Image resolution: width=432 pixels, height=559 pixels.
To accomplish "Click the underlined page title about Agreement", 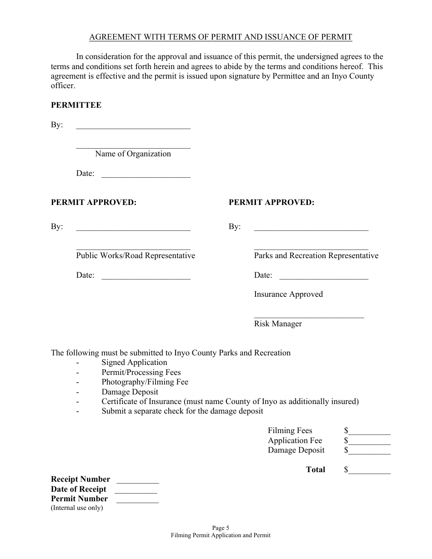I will [x=221, y=37].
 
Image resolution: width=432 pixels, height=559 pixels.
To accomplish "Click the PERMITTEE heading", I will [x=76, y=105].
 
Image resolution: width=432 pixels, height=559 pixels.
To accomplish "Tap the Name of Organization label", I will [x=133, y=154].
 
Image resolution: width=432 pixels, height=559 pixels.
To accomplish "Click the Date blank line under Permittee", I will [x=146, y=176].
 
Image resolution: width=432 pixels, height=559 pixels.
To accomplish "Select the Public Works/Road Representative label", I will [x=136, y=255].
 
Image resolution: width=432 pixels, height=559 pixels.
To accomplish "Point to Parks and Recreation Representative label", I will [x=316, y=255].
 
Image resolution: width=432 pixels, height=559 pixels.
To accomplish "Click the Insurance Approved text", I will [x=288, y=294].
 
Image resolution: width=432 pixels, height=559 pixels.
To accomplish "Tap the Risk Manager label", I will [x=278, y=324].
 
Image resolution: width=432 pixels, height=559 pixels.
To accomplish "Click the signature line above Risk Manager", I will [x=309, y=317].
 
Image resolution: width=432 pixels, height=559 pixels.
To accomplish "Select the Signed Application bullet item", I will [x=134, y=362].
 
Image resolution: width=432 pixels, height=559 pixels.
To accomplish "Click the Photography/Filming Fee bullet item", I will [x=145, y=382].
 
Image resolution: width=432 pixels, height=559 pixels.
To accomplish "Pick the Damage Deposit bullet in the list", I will [x=130, y=392].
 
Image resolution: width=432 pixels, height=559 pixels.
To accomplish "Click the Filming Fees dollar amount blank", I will [x=369, y=434].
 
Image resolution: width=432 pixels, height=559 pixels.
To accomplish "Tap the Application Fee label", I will [x=295, y=440].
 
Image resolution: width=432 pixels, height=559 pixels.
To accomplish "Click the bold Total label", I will [x=316, y=469].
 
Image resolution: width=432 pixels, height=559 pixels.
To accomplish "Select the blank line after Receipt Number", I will [x=138, y=482].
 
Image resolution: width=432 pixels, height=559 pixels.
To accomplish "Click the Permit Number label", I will [x=79, y=499].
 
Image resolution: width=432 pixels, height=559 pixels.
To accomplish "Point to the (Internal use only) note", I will [x=77, y=508].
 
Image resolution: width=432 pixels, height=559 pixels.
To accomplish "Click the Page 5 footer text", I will [x=221, y=528].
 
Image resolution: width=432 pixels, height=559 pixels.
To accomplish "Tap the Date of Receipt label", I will [x=78, y=489].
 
